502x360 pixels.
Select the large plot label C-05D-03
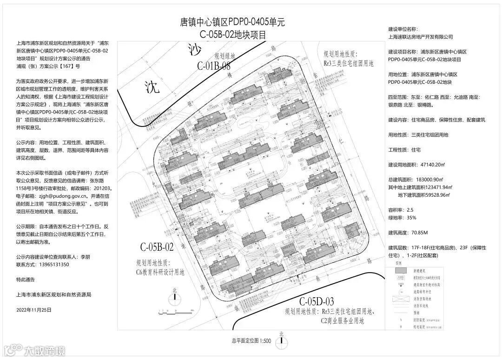pos(317,301)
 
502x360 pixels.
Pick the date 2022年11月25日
pos(33,309)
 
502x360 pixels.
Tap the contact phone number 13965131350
pos(53,264)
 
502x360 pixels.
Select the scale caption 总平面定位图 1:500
pos(251,341)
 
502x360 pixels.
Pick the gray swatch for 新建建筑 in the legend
pos(398,271)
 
